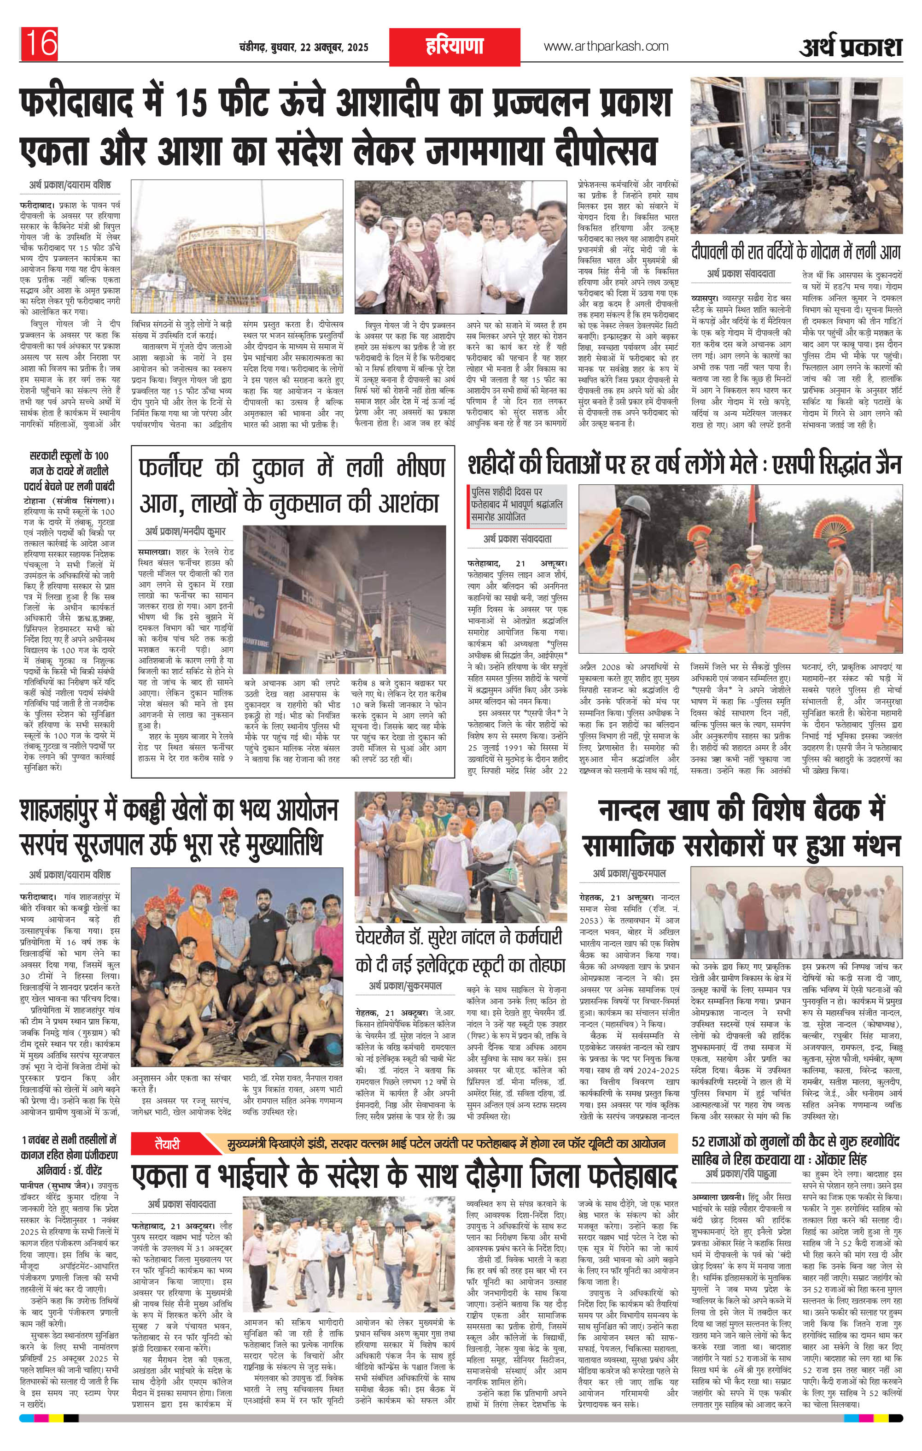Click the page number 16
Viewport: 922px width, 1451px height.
(x=40, y=43)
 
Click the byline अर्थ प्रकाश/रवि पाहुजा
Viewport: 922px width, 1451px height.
(x=742, y=1174)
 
